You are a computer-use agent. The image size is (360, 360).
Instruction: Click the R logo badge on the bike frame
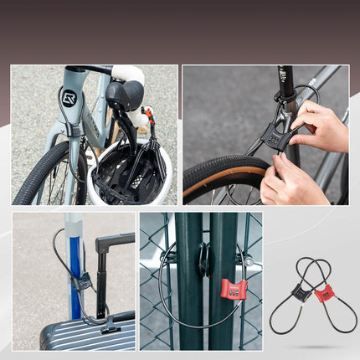click(x=69, y=98)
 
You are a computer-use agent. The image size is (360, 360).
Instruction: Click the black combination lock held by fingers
click(x=275, y=135)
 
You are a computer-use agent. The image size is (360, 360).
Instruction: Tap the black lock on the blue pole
click(x=81, y=282)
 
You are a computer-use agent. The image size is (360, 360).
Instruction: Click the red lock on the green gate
click(x=234, y=290)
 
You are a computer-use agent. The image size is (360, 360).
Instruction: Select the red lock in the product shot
click(x=324, y=293)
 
